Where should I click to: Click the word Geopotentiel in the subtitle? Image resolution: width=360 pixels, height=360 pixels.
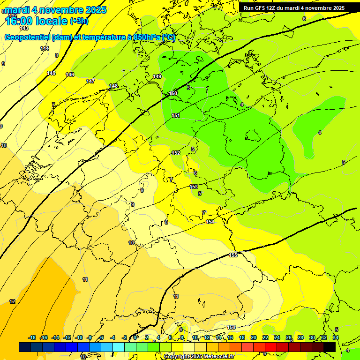pos(27,37)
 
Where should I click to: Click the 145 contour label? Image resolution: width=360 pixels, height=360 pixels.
pos(51,73)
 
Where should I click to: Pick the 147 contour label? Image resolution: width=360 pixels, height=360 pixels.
pos(90,81)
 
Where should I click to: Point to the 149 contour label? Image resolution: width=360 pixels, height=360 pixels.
pos(157,76)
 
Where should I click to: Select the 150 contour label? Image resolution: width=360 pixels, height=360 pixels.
pos(173,94)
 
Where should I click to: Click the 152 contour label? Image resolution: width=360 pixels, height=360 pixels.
pos(176,153)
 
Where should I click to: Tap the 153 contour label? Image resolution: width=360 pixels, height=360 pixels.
pos(194,187)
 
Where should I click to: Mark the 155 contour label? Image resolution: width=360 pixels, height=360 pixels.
pos(233,255)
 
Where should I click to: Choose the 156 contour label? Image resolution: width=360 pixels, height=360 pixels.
pos(231,327)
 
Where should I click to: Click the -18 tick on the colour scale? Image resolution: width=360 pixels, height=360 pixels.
pos(32,337)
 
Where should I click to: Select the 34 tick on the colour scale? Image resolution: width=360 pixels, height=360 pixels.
pos(336,337)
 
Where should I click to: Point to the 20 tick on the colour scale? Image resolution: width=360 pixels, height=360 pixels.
pos(254,337)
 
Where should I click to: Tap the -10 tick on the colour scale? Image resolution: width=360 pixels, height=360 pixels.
pos(79,337)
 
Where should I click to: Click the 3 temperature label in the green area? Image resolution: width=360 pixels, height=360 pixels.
pos(188,88)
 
